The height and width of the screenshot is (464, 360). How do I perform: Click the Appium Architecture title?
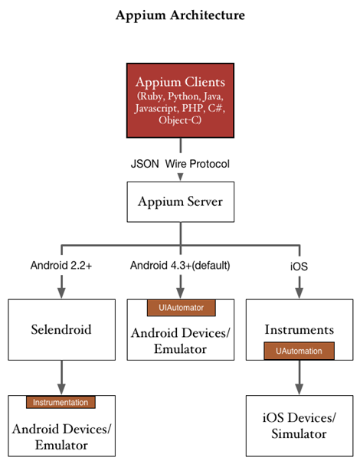pyautogui.click(x=180, y=15)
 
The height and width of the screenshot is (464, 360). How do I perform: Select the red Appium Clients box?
pyautogui.click(x=180, y=100)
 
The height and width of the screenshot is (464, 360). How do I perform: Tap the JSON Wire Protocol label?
pyautogui.click(x=180, y=164)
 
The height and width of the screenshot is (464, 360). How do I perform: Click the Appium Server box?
pyautogui.click(x=181, y=202)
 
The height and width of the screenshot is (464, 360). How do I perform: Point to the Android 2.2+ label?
pyautogui.click(x=61, y=266)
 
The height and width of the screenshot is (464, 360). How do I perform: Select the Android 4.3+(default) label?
pyautogui.click(x=180, y=266)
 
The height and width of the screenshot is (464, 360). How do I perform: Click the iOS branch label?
pyautogui.click(x=299, y=266)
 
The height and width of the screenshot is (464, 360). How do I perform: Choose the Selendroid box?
pyautogui.click(x=61, y=330)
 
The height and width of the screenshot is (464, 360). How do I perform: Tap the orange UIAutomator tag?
pyautogui.click(x=182, y=308)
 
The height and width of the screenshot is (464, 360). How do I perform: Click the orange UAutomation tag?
pyautogui.click(x=299, y=351)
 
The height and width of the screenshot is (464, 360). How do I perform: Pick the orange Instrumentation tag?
pyautogui.click(x=61, y=403)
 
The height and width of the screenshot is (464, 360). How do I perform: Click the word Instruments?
pyautogui.click(x=299, y=330)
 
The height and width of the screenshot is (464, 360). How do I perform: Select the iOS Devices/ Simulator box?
pyautogui.click(x=299, y=426)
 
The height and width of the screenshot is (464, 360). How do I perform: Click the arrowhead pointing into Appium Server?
pyautogui.click(x=180, y=177)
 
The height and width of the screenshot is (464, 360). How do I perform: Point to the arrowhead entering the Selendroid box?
pyautogui.click(x=61, y=292)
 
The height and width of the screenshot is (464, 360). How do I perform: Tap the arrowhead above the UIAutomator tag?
pyautogui.click(x=180, y=292)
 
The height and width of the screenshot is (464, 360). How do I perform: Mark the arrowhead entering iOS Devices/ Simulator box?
pyautogui.click(x=299, y=388)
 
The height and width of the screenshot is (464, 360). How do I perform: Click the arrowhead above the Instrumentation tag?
pyautogui.click(x=61, y=388)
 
